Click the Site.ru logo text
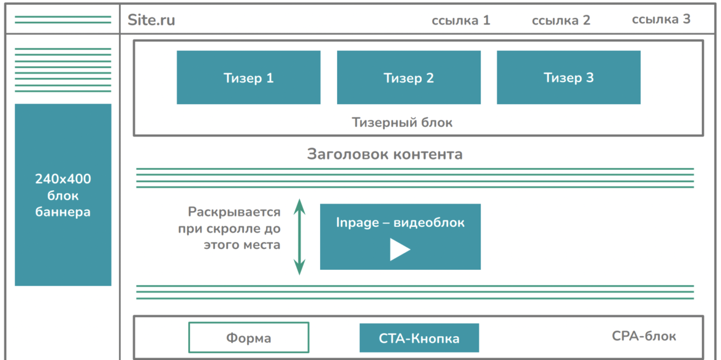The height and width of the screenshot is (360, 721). (151, 20)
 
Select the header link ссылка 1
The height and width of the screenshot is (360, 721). (461, 20)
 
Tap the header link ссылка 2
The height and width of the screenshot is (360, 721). (561, 20)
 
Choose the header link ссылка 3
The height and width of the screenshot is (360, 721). (661, 19)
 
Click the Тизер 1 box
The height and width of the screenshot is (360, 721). (248, 78)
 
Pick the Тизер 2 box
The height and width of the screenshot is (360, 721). (408, 78)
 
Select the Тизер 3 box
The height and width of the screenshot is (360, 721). (568, 78)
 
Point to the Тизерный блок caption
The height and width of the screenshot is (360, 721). (402, 122)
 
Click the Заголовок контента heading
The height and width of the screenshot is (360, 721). (384, 154)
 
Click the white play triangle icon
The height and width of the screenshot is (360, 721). (400, 250)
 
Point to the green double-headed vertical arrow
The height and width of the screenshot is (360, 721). (299, 236)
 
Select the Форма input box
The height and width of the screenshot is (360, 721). (248, 338)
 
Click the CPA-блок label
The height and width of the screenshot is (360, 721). (644, 336)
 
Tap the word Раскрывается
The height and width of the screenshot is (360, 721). (234, 212)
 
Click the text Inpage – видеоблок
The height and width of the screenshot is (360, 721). (400, 223)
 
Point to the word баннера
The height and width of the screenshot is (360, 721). (63, 212)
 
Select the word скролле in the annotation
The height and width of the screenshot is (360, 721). (237, 229)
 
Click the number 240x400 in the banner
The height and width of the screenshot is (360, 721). (63, 180)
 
